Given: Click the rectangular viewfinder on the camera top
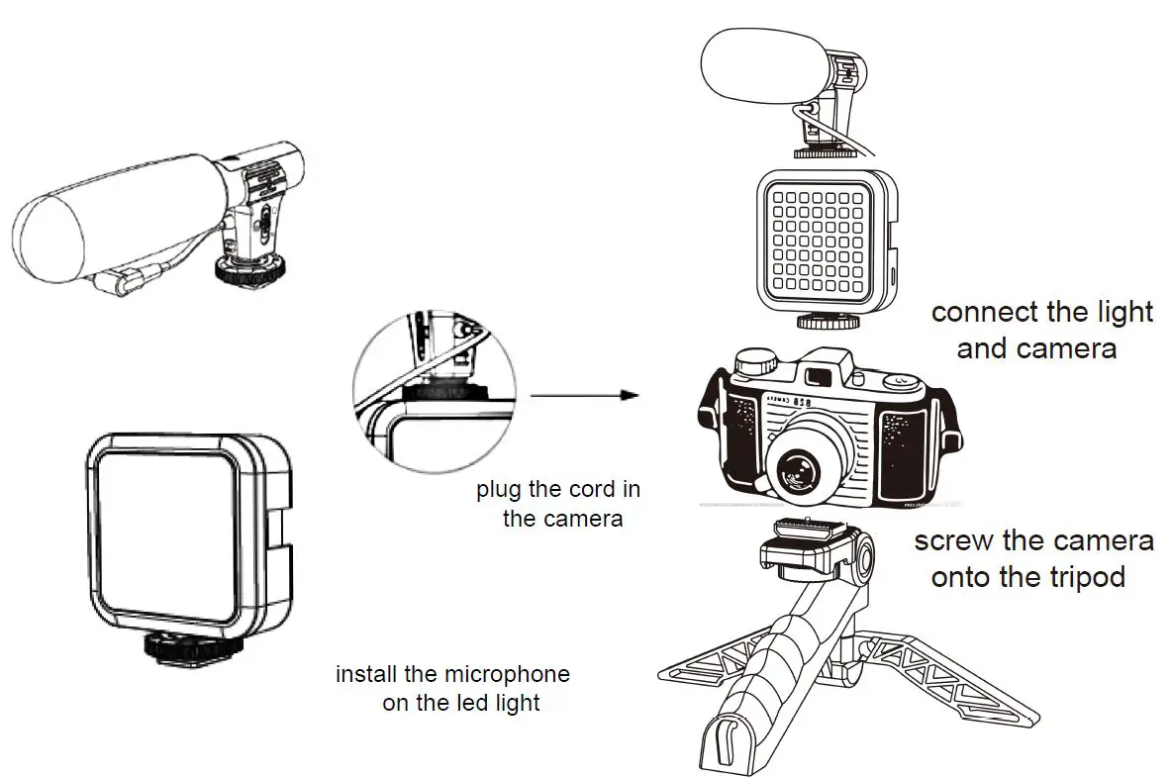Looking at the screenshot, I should (820, 376).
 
